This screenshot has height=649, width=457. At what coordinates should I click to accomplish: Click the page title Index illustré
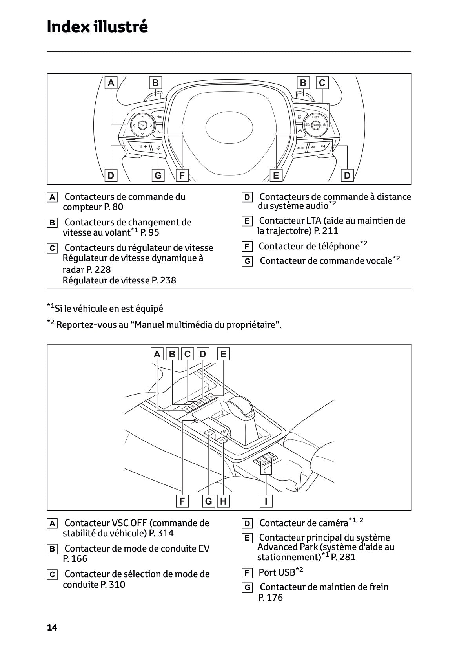point(97,27)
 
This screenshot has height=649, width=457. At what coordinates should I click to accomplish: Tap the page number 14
point(52,627)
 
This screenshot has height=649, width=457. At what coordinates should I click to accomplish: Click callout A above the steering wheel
point(111,83)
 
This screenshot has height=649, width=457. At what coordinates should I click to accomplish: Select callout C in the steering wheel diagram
point(322,83)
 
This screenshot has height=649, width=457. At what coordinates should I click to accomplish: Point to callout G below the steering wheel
point(158,176)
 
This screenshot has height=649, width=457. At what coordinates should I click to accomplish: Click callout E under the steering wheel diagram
point(276,176)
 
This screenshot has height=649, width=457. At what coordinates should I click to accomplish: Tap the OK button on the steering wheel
point(142,125)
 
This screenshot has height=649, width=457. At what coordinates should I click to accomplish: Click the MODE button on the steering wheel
point(300,148)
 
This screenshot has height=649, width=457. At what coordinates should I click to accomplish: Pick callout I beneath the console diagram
point(266,501)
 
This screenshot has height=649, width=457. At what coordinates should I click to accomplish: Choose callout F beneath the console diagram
point(182,501)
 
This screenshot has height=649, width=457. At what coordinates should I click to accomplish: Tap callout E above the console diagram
point(223,354)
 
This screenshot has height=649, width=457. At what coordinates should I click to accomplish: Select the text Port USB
point(277,572)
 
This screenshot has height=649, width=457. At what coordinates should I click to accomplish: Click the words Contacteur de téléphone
point(309,246)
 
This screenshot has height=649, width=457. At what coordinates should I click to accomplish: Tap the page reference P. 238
point(164,280)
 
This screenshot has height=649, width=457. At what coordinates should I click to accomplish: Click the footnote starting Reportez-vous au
point(169,325)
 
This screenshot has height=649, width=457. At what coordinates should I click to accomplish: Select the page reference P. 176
point(270,598)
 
